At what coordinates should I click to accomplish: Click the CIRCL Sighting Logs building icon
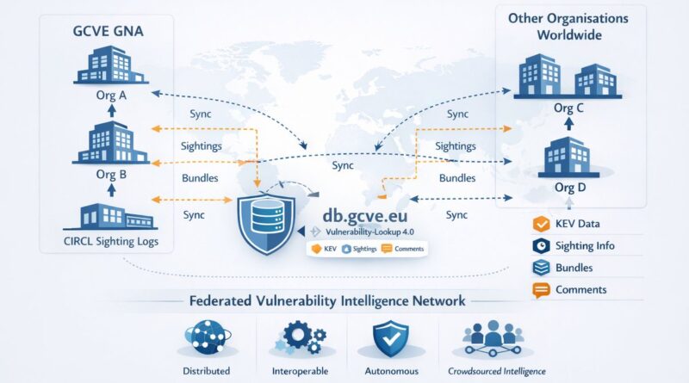(x=102, y=216)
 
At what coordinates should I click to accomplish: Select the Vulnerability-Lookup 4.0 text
(x=365, y=232)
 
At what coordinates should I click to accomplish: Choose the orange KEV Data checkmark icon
(x=541, y=224)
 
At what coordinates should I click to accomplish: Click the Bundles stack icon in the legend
(x=541, y=269)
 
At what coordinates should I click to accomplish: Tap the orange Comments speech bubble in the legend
(x=541, y=291)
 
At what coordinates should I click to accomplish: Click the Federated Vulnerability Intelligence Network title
(x=326, y=301)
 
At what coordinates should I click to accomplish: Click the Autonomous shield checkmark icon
(x=393, y=337)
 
